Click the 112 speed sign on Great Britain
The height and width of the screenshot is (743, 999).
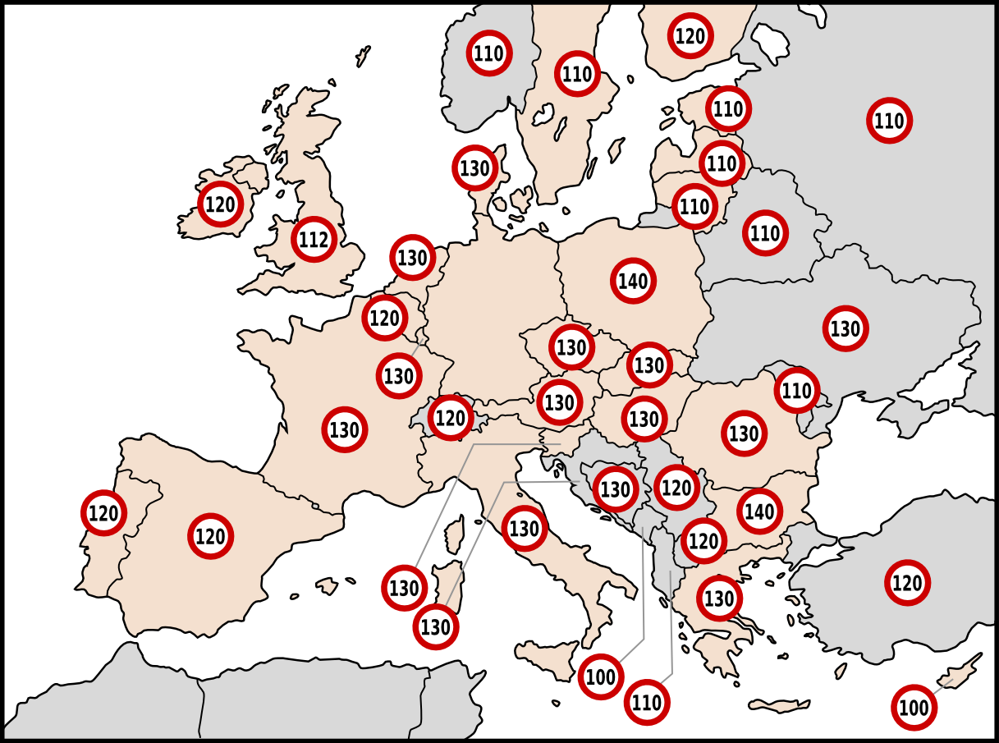pyautogui.click(x=314, y=240)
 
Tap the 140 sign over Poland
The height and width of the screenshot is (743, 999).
pyautogui.click(x=633, y=282)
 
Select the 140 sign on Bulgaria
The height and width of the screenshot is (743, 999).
pyautogui.click(x=759, y=512)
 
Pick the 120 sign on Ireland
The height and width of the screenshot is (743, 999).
pyautogui.click(x=220, y=204)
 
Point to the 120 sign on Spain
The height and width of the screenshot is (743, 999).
pyautogui.click(x=211, y=537)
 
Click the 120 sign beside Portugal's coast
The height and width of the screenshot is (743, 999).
pyautogui.click(x=103, y=513)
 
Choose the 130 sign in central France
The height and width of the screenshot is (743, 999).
pyautogui.click(x=344, y=429)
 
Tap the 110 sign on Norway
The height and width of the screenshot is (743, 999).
pyautogui.click(x=489, y=54)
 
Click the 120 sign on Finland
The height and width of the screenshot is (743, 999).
pyautogui.click(x=690, y=35)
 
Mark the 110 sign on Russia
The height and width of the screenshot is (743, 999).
pyautogui.click(x=889, y=121)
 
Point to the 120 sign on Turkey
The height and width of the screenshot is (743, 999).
pyautogui.click(x=908, y=583)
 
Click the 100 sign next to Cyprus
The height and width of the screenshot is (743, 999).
pyautogui.click(x=914, y=707)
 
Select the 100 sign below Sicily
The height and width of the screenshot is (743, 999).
pyautogui.click(x=601, y=677)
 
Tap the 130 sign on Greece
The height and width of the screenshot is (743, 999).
pyautogui.click(x=719, y=599)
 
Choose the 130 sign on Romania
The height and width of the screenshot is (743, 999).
pyautogui.click(x=744, y=433)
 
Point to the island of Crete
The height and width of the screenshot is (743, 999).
pyautogui.click(x=780, y=705)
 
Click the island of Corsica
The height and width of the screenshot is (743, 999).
pyautogui.click(x=454, y=535)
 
